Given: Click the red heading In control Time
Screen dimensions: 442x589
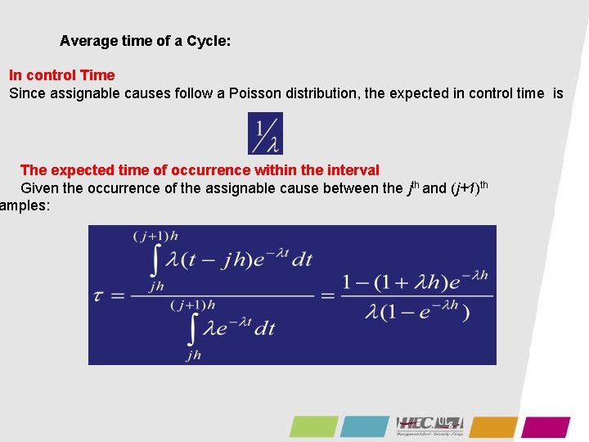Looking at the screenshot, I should coord(61,75).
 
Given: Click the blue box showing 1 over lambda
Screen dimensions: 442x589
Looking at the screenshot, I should coord(265,133).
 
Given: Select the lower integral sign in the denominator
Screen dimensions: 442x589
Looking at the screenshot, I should coord(193,328).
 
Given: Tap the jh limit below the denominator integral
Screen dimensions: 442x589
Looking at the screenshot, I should coord(193,355).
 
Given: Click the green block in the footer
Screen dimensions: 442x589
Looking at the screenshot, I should coord(312,426).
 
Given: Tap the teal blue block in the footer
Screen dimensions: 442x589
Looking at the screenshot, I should coord(365,426).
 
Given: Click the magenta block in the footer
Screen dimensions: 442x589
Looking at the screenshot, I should coord(546,426).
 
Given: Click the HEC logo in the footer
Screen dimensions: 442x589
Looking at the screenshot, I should coord(429,425).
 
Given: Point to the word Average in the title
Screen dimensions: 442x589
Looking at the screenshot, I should coord(87,40).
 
